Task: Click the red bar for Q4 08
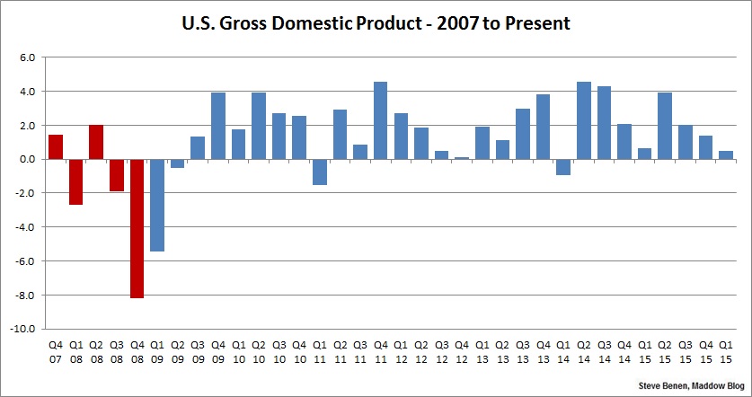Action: click(137, 228)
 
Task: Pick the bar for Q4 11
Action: click(381, 120)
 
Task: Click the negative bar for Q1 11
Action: click(319, 172)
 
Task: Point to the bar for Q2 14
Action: click(584, 120)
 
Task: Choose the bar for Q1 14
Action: click(563, 167)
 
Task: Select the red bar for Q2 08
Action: click(96, 142)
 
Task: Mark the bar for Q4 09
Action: click(218, 126)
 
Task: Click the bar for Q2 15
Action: click(665, 126)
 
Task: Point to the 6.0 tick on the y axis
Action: click(27, 57)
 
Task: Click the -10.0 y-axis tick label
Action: click(23, 329)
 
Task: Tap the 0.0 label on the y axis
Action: click(27, 159)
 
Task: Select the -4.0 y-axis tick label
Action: click(24, 227)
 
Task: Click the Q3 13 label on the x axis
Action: click(523, 352)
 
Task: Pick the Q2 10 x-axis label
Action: click(259, 352)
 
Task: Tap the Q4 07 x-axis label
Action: click(56, 352)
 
